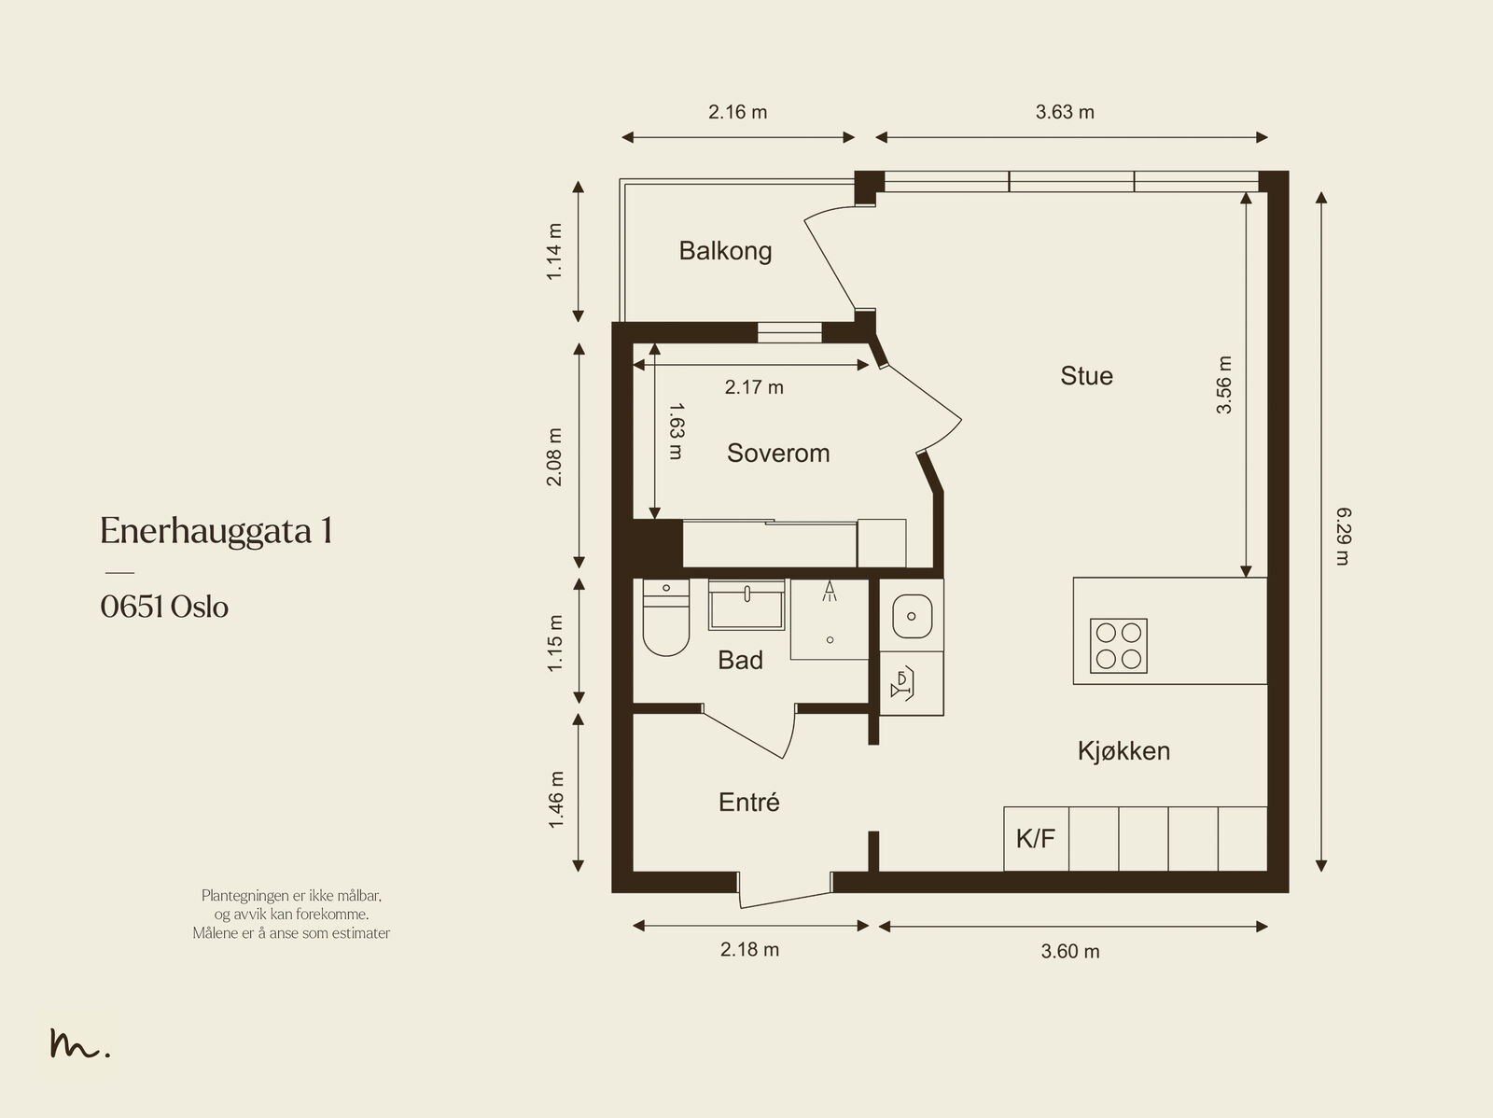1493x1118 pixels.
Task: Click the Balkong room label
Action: tap(725, 252)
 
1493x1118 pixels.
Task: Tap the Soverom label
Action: tap(778, 453)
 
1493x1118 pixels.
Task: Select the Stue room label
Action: tap(1086, 376)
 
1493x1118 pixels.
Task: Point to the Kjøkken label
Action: tap(1123, 750)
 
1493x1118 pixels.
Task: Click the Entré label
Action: tap(749, 802)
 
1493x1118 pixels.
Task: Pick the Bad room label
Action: tap(740, 660)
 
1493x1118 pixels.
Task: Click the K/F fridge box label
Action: tap(1035, 839)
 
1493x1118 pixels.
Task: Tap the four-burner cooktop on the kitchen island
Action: tap(1118, 646)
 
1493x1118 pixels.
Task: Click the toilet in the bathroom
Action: tap(666, 618)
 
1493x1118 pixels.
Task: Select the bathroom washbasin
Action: tap(746, 605)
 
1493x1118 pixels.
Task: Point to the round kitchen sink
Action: tap(912, 616)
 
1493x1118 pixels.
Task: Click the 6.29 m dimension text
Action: tap(1343, 536)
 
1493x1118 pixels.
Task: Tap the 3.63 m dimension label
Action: tap(1065, 112)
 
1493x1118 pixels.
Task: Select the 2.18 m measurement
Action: tap(749, 949)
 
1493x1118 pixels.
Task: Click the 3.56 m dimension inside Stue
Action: tap(1223, 384)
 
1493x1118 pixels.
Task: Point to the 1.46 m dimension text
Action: tap(556, 800)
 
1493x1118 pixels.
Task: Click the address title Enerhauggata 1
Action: tap(216, 530)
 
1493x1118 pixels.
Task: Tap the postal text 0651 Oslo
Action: tap(164, 607)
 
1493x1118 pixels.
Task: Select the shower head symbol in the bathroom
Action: tap(830, 591)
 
